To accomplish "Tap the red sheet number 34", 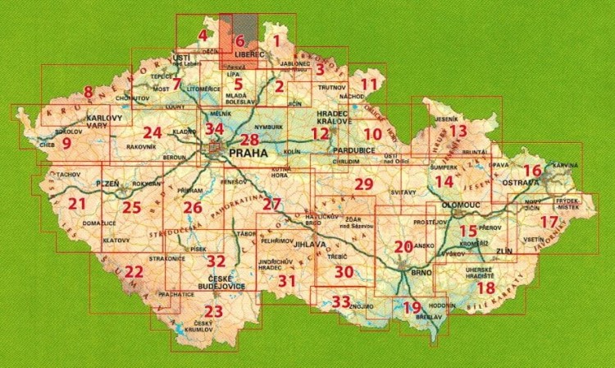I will tap(215, 129).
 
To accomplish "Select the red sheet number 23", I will tap(213, 311).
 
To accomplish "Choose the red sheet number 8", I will tap(89, 92).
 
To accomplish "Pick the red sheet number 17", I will tap(553, 221).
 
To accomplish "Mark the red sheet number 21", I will tap(78, 205).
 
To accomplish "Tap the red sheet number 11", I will tap(370, 84).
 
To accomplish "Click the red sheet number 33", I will tap(342, 301).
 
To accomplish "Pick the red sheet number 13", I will tap(458, 131).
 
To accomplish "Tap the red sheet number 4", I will tap(203, 35).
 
